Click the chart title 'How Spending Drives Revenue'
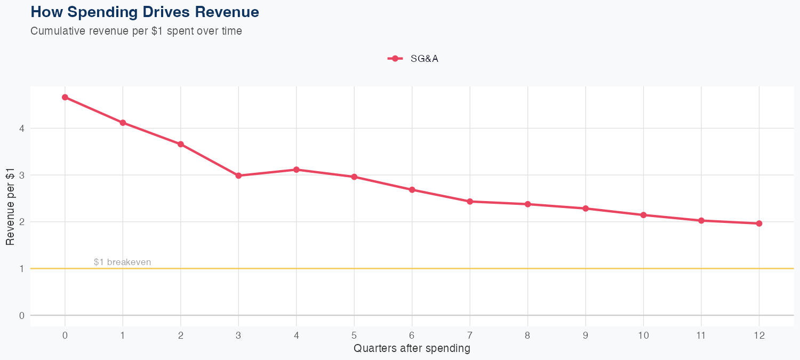coord(145,12)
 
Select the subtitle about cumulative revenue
coord(136,31)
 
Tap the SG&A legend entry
coord(413,59)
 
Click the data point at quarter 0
coord(65,97)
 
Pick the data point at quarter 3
coord(238,175)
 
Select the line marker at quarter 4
coord(297,170)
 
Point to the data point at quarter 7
coord(470,202)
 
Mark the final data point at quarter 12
coord(759,223)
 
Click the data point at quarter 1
coord(123,123)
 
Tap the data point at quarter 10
coord(643,215)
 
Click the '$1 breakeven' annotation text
coord(122,262)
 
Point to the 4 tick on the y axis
coord(22,129)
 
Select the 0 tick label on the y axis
coord(22,316)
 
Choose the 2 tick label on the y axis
coord(22,222)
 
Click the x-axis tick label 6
coord(412,335)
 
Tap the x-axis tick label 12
coord(759,335)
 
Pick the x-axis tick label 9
coord(586,335)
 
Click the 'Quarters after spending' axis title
coord(412,349)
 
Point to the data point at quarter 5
coord(354,177)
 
